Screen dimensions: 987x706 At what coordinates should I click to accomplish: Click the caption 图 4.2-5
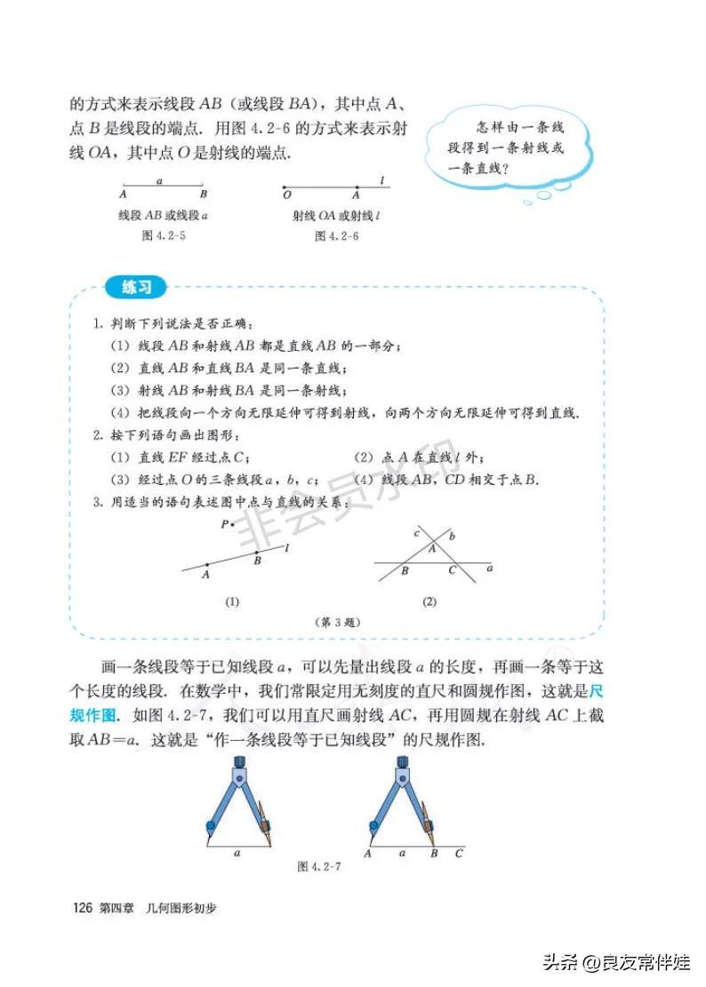pyautogui.click(x=164, y=235)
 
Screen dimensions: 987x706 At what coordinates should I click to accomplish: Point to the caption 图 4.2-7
pyautogui.click(x=319, y=866)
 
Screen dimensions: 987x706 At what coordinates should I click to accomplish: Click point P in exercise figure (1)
pyautogui.click(x=226, y=525)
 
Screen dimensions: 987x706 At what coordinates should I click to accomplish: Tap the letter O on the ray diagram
pyautogui.click(x=286, y=194)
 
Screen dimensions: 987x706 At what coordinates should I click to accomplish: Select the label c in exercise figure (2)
pyautogui.click(x=416, y=533)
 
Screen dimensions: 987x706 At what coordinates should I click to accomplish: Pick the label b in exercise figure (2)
pyautogui.click(x=452, y=536)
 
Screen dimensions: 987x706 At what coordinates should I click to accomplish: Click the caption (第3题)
pyautogui.click(x=337, y=622)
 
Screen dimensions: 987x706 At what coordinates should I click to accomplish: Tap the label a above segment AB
pyautogui.click(x=160, y=179)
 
